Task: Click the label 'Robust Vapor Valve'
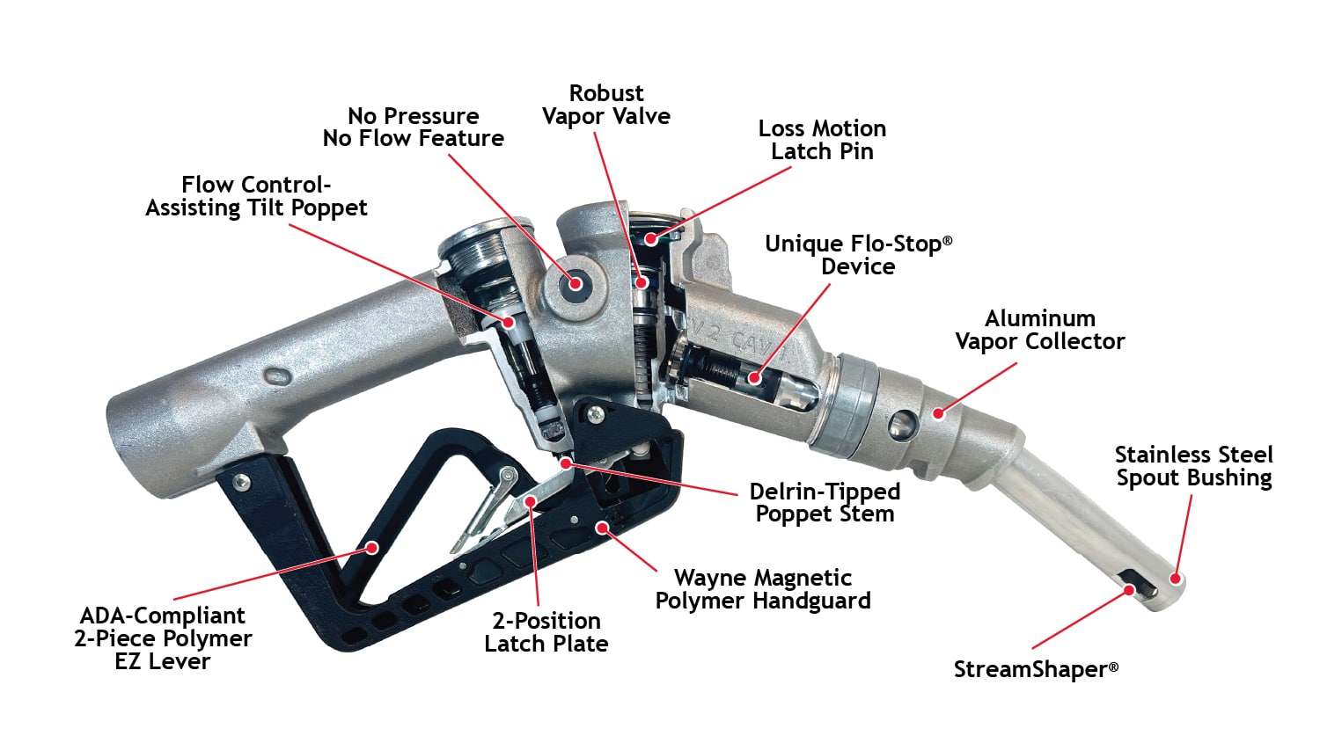click(606, 105)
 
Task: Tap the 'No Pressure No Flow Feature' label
click(413, 128)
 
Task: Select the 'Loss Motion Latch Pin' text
click(822, 140)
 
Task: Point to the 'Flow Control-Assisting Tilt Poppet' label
click(256, 197)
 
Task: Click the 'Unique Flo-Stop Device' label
click(859, 255)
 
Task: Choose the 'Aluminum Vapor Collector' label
click(1040, 330)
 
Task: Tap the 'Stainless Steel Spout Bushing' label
click(1194, 466)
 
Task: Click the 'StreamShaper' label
click(1036, 669)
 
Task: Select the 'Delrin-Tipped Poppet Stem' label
click(825, 502)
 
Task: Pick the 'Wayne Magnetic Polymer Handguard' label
click(763, 589)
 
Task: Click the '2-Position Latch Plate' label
click(546, 631)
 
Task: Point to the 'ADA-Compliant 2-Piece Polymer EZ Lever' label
click(163, 638)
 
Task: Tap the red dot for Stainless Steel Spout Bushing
click(1175, 579)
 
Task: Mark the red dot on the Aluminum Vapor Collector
click(939, 413)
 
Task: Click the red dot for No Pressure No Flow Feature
click(576, 284)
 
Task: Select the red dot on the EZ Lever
click(372, 548)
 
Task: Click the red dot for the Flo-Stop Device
click(754, 377)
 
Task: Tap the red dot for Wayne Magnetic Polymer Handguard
click(602, 527)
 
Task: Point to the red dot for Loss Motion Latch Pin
click(650, 238)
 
